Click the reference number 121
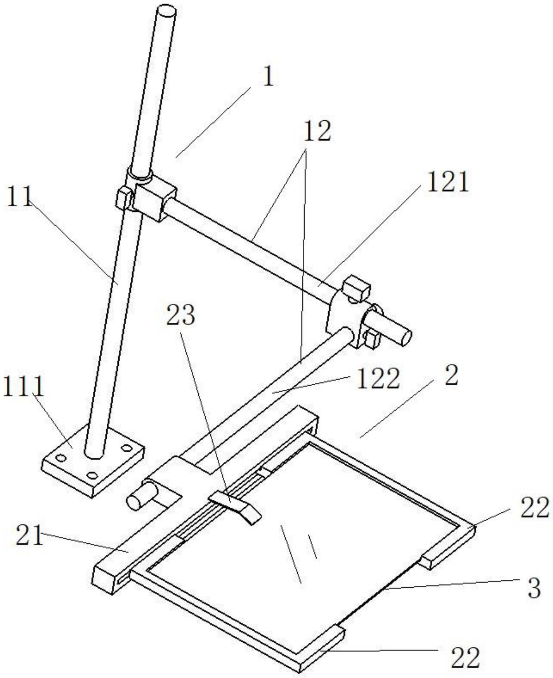448,182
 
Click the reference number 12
317,131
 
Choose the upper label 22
535,508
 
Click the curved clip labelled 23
235,506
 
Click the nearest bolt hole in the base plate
92,475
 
